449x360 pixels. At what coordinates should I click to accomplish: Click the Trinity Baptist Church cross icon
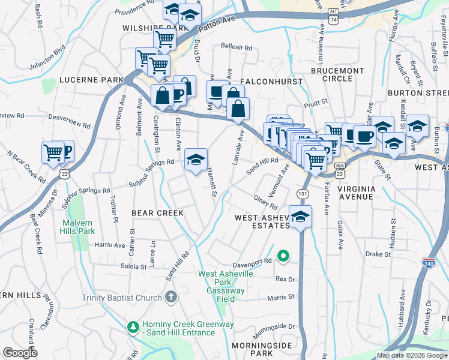(171, 298)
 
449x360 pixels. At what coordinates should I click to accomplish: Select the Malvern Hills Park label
(79, 227)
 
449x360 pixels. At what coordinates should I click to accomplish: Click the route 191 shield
(303, 194)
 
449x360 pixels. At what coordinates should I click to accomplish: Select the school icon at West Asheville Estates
(301, 217)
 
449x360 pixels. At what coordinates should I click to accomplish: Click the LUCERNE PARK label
(91, 80)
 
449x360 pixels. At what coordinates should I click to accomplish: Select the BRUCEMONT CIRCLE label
(337, 74)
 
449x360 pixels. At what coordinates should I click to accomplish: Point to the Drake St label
(378, 254)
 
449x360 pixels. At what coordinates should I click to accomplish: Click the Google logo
(20, 353)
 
